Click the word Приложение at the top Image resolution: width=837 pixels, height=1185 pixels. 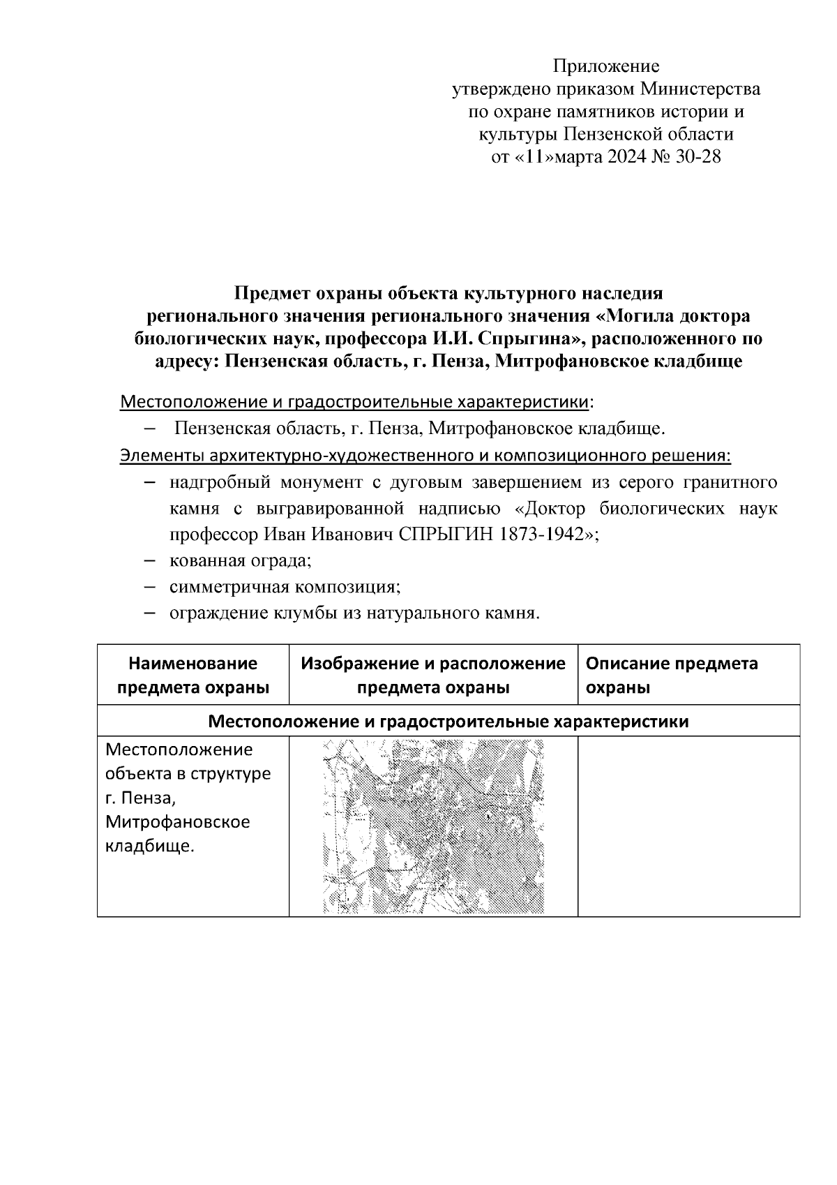click(x=605, y=66)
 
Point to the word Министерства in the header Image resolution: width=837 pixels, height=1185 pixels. click(x=700, y=89)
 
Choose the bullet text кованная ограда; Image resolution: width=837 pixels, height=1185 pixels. click(x=240, y=560)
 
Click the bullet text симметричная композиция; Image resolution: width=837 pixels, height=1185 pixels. click(x=285, y=587)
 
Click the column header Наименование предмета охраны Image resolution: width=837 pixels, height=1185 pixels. click(x=193, y=675)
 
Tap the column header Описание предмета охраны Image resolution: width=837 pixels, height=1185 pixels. click(x=671, y=675)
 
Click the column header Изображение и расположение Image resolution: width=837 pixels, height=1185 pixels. click(x=433, y=663)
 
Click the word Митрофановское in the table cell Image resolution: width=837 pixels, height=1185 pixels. click(x=177, y=822)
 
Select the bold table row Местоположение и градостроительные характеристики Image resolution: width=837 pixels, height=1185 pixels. click(x=448, y=721)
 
